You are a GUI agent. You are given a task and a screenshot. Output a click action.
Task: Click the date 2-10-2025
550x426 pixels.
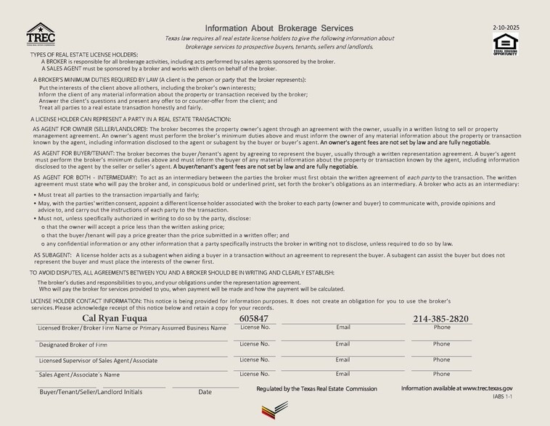[x=506, y=28]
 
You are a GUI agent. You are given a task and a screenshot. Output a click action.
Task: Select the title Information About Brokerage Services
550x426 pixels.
[x=279, y=28]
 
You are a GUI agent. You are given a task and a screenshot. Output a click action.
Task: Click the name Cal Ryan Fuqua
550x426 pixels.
[x=115, y=319]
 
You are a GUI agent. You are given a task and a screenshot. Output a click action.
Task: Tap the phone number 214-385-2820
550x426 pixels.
[x=441, y=319]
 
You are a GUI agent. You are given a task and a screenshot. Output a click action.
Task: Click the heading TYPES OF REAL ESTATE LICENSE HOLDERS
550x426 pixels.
[x=84, y=55]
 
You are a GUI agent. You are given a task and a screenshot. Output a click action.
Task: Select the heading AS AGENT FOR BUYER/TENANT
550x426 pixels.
[x=73, y=154]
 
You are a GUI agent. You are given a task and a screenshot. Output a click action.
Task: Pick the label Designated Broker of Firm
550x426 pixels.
[x=73, y=345]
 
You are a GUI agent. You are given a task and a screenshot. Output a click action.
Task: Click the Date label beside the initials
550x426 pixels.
[x=205, y=392]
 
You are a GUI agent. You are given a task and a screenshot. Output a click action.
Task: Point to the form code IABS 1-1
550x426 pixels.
[x=503, y=397]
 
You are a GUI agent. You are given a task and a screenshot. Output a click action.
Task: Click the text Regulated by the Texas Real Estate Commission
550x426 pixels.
[x=317, y=389]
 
